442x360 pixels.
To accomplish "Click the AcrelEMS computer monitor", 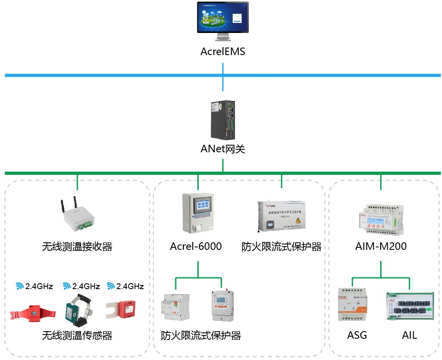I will pos(222,19).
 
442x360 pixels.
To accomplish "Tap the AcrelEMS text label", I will pos(222,52).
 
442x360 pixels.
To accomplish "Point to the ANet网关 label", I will pos(222,149).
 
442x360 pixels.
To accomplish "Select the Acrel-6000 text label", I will pos(196,247).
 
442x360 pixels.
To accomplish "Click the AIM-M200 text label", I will pos(381,247).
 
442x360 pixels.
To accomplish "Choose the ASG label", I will pos(357,335).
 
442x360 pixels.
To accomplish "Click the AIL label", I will pos(409,335).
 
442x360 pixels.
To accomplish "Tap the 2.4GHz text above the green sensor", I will pos(86,286).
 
